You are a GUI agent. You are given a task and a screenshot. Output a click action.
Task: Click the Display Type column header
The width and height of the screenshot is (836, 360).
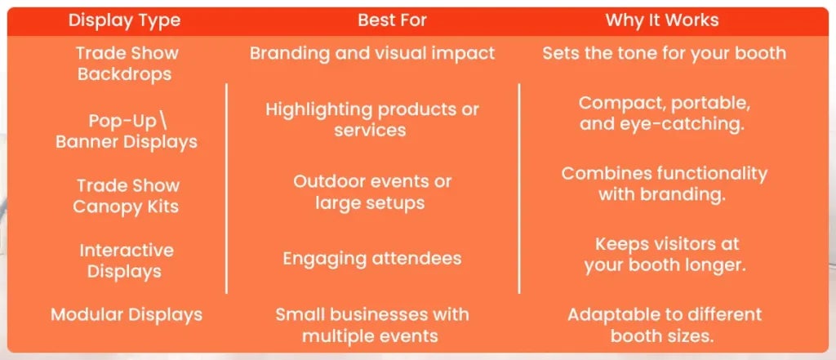(125, 20)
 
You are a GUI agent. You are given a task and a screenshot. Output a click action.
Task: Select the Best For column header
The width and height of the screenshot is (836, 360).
(391, 20)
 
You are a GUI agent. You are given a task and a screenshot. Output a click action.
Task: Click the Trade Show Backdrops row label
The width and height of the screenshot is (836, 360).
(127, 64)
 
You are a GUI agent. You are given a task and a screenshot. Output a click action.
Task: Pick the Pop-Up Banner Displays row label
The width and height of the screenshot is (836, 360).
(127, 131)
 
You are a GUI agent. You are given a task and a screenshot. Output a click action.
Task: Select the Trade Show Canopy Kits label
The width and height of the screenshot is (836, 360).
(127, 196)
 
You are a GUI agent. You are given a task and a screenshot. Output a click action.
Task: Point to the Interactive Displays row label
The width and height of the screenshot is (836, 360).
(127, 260)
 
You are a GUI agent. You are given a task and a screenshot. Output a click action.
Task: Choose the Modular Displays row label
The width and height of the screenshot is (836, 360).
(127, 314)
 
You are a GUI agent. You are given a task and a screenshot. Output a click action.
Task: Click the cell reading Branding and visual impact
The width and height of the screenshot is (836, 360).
(372, 54)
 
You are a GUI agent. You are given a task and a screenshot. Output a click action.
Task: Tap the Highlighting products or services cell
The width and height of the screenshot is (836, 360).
(371, 119)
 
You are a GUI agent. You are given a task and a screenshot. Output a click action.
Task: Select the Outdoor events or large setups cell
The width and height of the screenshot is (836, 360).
(371, 192)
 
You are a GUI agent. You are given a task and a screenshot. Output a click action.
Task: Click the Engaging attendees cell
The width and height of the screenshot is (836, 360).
(371, 259)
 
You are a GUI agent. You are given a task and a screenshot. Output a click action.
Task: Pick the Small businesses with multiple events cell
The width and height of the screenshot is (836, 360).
(371, 324)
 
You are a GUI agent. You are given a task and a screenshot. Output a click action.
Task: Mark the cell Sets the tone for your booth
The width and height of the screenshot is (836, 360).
(664, 54)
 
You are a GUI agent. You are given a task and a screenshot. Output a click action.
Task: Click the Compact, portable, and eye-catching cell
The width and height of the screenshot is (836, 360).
(664, 114)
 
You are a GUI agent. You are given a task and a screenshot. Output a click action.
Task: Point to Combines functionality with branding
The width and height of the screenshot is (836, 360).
(664, 184)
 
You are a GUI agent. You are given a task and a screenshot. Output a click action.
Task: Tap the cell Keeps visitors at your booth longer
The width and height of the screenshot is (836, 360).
(664, 255)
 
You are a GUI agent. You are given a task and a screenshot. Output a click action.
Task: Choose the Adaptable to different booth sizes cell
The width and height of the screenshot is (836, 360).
(664, 324)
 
